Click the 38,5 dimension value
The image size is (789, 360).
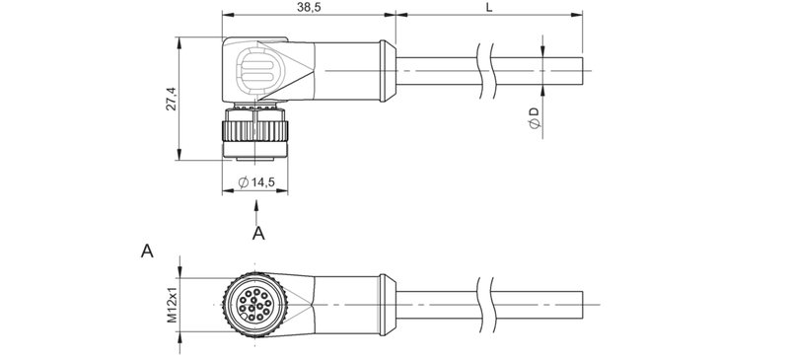pos(308,8)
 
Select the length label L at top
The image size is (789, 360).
pos(490,8)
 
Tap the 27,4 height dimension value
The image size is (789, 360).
pos(171,99)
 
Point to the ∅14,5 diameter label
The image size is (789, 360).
pos(257,182)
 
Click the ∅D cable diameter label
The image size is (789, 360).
pos(534,119)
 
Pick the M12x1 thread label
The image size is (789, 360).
pos(171,306)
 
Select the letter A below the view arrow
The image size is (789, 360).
pos(258,234)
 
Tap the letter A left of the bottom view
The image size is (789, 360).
pos(147,252)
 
